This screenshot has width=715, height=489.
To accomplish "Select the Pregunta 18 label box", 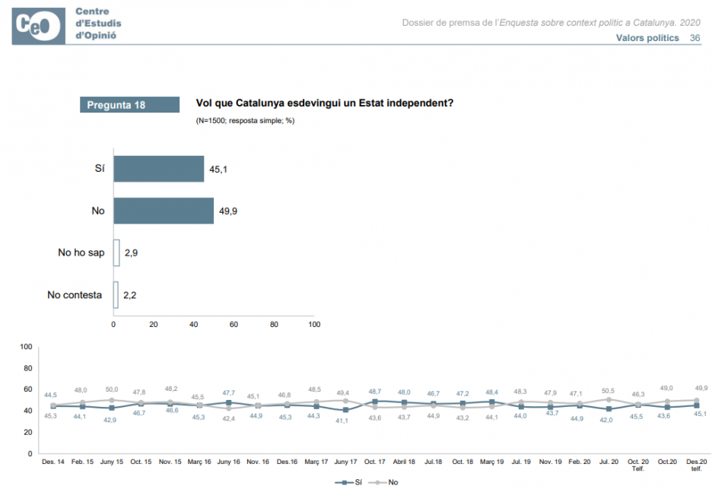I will (x=129, y=105).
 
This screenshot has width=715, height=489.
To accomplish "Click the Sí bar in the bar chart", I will (x=158, y=169).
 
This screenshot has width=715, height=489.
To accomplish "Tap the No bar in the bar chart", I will (x=164, y=211).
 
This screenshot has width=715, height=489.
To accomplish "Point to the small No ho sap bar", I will (x=116, y=252).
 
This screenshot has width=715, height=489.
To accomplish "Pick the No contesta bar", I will (x=116, y=295).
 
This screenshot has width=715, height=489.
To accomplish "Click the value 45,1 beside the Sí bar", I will (x=218, y=169).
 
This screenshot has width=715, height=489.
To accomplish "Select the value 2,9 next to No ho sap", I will (x=131, y=252).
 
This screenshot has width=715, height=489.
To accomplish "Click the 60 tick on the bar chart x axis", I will (x=234, y=325).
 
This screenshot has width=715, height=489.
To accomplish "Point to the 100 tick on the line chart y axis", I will (x=25, y=347).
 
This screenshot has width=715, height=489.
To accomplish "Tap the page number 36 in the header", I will (x=694, y=38).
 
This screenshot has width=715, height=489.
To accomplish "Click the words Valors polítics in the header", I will (x=647, y=38).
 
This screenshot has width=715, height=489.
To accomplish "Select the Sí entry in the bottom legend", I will (x=353, y=482).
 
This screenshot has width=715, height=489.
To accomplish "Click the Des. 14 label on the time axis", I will (x=52, y=462).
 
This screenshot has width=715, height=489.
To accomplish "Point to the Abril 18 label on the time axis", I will (x=404, y=462).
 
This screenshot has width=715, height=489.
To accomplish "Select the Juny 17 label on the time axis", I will (x=345, y=462).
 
